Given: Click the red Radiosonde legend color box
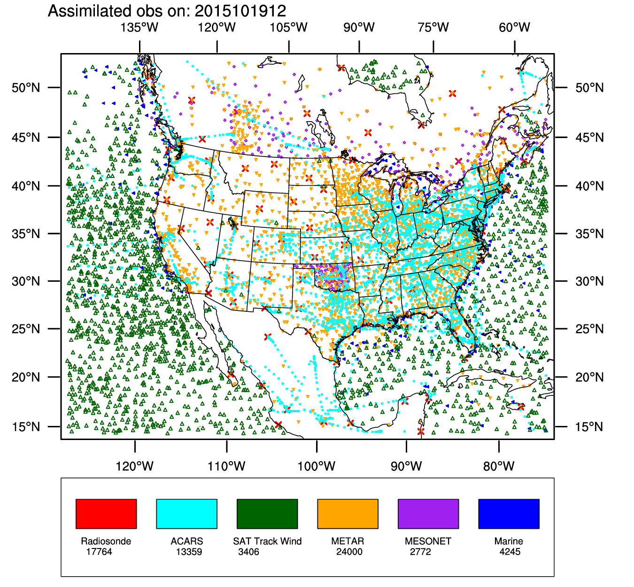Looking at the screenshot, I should pyautogui.click(x=106, y=514).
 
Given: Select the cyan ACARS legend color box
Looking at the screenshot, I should pyautogui.click(x=186, y=514).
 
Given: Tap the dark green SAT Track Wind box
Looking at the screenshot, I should pyautogui.click(x=267, y=514).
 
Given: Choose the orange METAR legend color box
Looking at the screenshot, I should pyautogui.click(x=348, y=514).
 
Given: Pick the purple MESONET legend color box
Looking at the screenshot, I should pyautogui.click(x=428, y=514).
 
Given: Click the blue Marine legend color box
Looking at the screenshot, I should pyautogui.click(x=509, y=514).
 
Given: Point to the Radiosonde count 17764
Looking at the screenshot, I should pyautogui.click(x=99, y=552).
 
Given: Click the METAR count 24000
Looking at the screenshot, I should pyautogui.click(x=349, y=552).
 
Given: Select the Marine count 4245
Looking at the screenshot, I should pyautogui.click(x=510, y=552).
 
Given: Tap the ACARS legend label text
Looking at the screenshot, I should pyautogui.click(x=187, y=541).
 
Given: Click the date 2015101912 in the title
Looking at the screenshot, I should pyautogui.click(x=240, y=11).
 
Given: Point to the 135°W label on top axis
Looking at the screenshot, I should pyautogui.click(x=139, y=28).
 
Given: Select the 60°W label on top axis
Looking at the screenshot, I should pyautogui.click(x=515, y=28).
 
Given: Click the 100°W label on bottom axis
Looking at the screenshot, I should pyautogui.click(x=317, y=466).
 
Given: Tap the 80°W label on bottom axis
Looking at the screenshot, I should pyautogui.click(x=499, y=466).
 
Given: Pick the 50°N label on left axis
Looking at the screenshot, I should pyautogui.click(x=26, y=88).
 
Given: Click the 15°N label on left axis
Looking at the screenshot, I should pyautogui.click(x=26, y=427).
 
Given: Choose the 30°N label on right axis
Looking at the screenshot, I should pyautogui.click(x=589, y=281).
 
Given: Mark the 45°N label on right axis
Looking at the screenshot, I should pyautogui.click(x=589, y=138).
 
